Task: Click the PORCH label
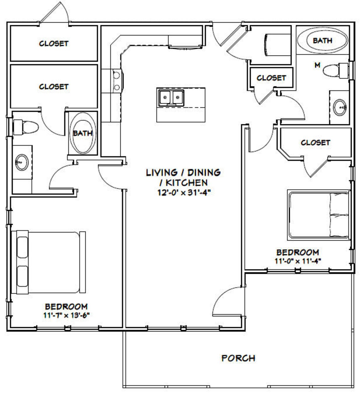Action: (x=238, y=358)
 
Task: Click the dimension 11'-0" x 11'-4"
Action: (x=297, y=261)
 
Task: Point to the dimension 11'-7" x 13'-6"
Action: (x=66, y=315)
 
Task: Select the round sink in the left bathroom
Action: (x=22, y=162)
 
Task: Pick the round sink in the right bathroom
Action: (x=340, y=108)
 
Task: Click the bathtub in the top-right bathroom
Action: (x=322, y=40)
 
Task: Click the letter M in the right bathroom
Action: (x=317, y=65)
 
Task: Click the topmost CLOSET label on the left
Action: (x=54, y=43)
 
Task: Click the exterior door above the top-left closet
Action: (x=54, y=14)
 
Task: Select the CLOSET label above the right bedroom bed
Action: (x=315, y=143)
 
